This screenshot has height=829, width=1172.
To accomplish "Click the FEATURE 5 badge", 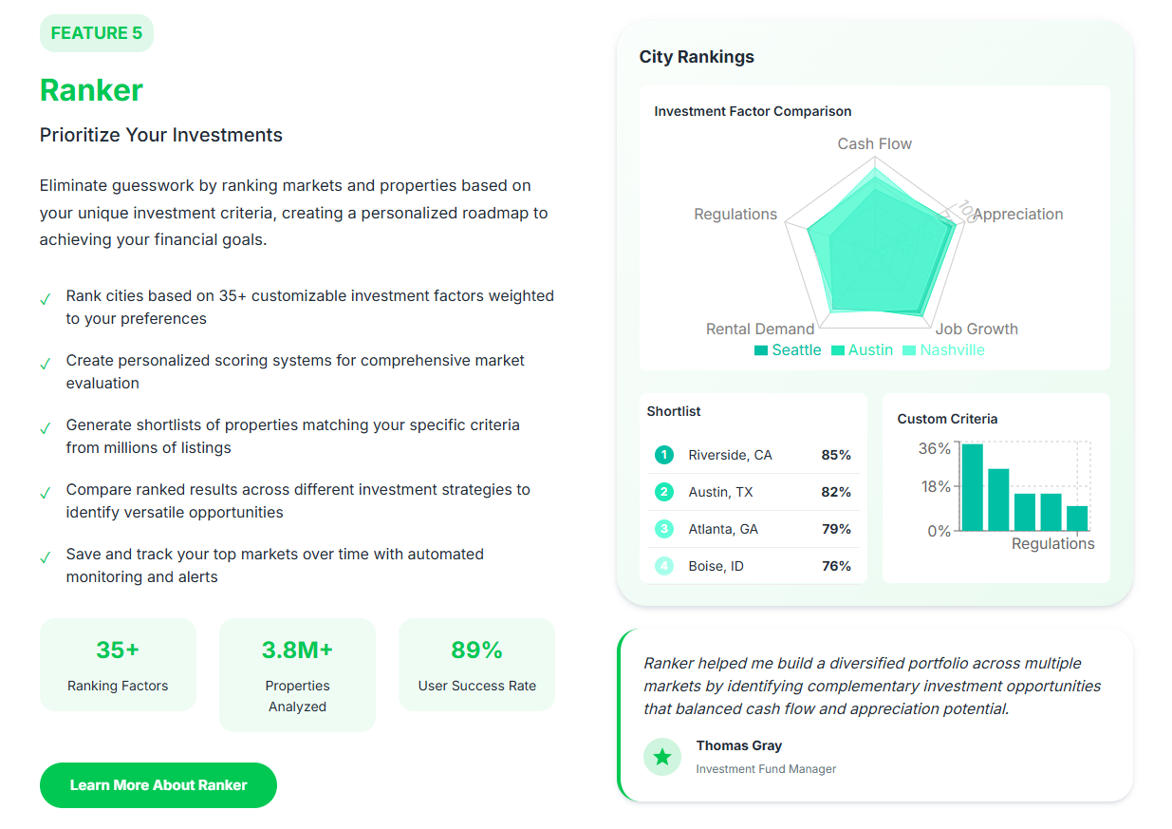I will (x=96, y=33).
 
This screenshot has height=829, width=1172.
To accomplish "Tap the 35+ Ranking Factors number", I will (x=118, y=650).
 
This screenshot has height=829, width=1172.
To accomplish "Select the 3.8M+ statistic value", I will (x=297, y=650).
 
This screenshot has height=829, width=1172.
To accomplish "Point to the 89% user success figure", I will (x=476, y=650).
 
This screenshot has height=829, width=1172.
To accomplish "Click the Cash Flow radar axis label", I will (x=874, y=144).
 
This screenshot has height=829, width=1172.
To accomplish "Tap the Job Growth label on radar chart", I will (x=977, y=330).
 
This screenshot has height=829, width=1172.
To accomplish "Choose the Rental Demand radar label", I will (x=760, y=330).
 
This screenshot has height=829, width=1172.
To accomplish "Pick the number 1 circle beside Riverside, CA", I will (x=664, y=455).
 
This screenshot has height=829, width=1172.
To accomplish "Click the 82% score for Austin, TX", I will (x=836, y=492).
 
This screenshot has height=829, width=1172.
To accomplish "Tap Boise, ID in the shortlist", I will (x=716, y=566).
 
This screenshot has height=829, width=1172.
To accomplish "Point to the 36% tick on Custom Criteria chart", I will (x=934, y=449).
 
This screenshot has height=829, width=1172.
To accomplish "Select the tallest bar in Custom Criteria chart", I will (x=972, y=487).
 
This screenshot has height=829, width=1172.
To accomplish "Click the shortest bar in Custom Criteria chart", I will (x=1077, y=518).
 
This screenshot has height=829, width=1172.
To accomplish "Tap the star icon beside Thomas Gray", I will (x=662, y=757).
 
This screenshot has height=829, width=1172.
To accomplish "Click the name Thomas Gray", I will (x=739, y=746).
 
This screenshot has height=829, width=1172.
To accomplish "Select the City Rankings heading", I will (x=697, y=57).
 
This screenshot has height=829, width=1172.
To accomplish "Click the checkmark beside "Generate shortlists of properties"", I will (x=45, y=429).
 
